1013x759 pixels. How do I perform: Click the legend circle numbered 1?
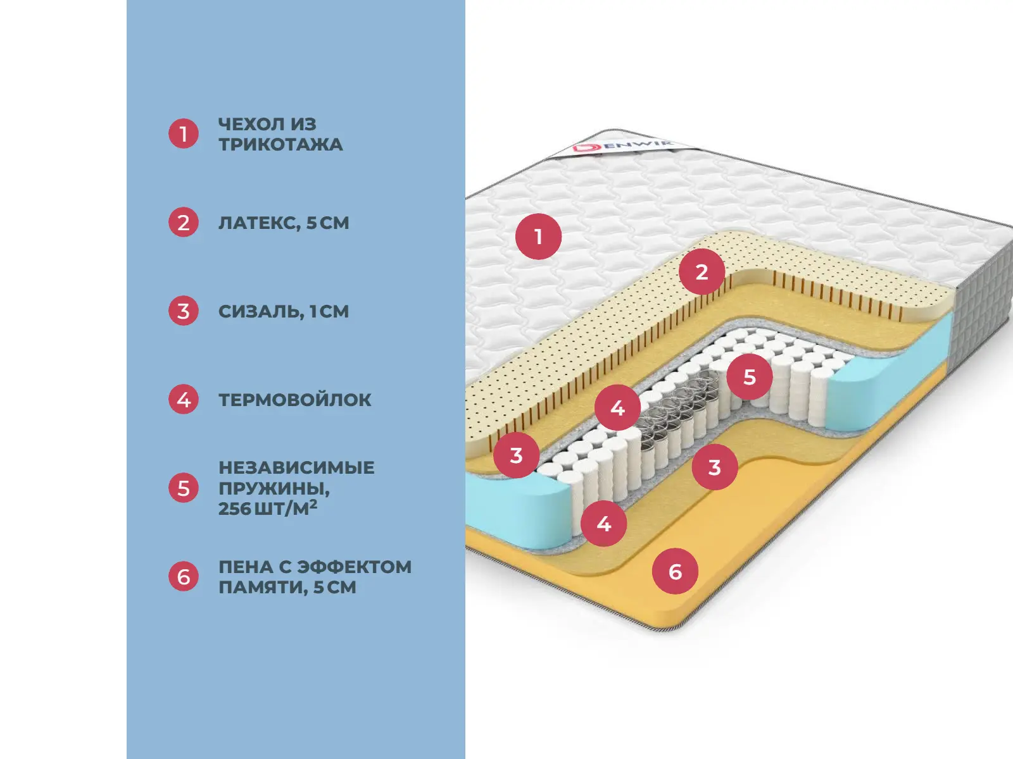click(183, 133)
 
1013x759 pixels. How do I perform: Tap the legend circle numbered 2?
click(183, 222)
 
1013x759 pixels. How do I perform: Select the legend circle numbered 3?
click(183, 311)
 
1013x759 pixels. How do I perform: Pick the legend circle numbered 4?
click(183, 399)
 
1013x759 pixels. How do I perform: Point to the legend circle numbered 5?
click(183, 488)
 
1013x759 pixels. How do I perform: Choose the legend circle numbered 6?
click(183, 576)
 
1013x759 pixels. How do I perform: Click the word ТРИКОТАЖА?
click(280, 145)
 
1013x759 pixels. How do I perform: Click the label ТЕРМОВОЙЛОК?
click(295, 400)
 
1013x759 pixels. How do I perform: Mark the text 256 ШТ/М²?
click(268, 509)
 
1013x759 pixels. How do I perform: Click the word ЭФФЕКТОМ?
click(354, 567)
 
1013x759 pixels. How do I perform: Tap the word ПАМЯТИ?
click(263, 588)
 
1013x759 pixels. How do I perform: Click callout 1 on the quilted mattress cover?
click(538, 237)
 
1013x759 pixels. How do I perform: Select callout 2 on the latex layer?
click(702, 272)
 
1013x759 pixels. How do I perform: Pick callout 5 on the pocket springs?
click(750, 377)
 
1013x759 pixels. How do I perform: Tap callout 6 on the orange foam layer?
click(675, 571)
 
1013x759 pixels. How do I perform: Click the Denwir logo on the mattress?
click(622, 147)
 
